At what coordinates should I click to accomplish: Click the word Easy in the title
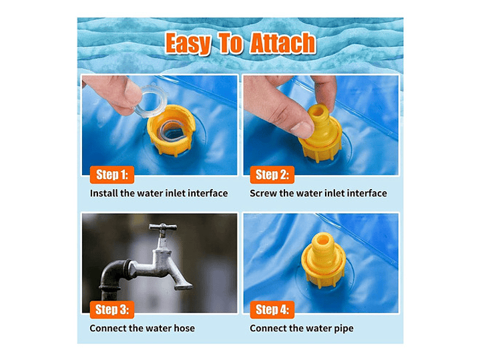(188, 43)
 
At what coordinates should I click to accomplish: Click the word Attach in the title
(282, 43)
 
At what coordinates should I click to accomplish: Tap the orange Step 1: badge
(112, 174)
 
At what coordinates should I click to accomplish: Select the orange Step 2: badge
(272, 174)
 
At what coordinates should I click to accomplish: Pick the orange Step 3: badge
(112, 309)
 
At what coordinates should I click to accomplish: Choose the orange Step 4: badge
(272, 309)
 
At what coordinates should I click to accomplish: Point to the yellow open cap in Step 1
(171, 130)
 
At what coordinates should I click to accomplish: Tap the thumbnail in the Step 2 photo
(302, 129)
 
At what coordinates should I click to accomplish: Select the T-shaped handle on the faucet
(162, 227)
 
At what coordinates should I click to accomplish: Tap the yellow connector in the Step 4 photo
(323, 260)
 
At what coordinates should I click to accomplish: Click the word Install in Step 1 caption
(103, 193)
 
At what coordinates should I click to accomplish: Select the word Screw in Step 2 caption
(263, 193)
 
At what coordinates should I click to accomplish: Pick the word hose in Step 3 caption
(184, 328)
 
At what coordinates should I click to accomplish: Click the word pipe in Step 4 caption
(343, 329)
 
